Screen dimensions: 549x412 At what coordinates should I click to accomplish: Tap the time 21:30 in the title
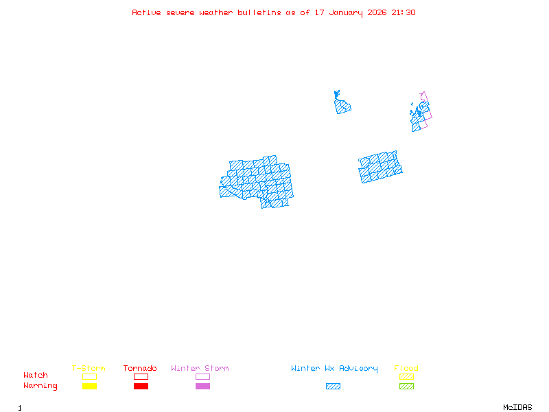(404, 12)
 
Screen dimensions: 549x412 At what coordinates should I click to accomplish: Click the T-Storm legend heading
(89, 368)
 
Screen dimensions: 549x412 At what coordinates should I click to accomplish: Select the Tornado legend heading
(140, 368)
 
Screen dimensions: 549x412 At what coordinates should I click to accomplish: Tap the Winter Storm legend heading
(200, 368)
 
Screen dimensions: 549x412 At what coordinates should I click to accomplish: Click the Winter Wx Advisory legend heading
(334, 368)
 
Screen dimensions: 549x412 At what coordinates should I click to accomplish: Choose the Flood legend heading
(406, 368)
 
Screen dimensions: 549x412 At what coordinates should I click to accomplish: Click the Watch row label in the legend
(36, 376)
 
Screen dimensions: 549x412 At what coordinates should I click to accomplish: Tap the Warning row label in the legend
(40, 386)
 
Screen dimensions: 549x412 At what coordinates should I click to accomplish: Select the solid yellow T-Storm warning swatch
(89, 386)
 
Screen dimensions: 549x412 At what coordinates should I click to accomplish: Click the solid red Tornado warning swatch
(141, 386)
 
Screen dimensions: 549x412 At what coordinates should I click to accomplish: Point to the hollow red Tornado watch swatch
(141, 376)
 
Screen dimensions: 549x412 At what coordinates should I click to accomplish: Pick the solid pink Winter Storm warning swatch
(202, 386)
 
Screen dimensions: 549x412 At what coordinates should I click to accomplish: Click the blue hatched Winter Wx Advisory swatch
(333, 386)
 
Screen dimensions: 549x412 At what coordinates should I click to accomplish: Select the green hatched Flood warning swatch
(406, 386)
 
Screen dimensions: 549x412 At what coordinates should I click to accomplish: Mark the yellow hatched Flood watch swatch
(406, 376)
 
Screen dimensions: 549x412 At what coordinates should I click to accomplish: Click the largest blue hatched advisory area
(257, 182)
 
